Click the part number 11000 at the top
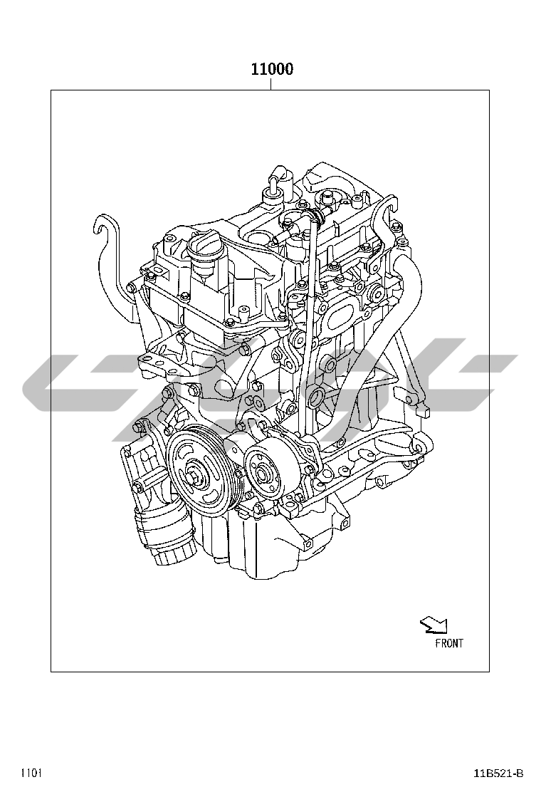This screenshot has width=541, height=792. coord(272,69)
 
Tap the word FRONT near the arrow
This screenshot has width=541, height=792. coord(448,643)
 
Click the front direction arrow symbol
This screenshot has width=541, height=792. coord(434,625)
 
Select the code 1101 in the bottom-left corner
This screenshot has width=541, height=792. coord(31,773)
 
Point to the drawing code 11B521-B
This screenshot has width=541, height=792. coord(498,773)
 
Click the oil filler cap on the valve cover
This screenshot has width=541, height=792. coord(204,251)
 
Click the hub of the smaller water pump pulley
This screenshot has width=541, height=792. coord(263,474)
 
